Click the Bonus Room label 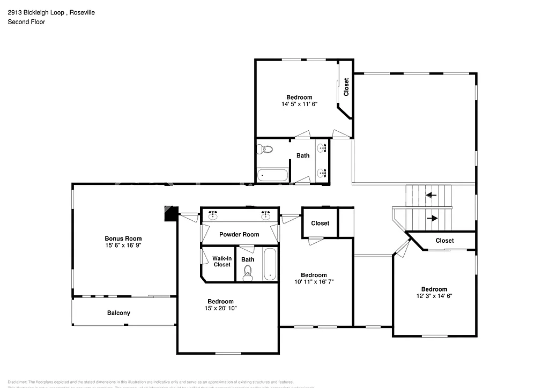pyautogui.click(x=123, y=238)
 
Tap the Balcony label pyautogui.click(x=118, y=313)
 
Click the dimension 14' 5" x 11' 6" pyautogui.click(x=299, y=104)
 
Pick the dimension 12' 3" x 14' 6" pyautogui.click(x=434, y=296)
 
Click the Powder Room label pyautogui.click(x=239, y=234)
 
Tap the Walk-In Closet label pyautogui.click(x=222, y=261)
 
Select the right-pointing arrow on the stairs pyautogui.click(x=432, y=218)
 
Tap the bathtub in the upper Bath pyautogui.click(x=273, y=175)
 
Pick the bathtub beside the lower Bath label pyautogui.click(x=270, y=264)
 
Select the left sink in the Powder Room pyautogui.click(x=213, y=215)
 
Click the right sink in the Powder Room pyautogui.click(x=265, y=215)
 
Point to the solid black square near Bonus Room pyautogui.click(x=170, y=213)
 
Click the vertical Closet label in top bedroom pyautogui.click(x=346, y=87)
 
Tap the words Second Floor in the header pyautogui.click(x=26, y=22)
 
